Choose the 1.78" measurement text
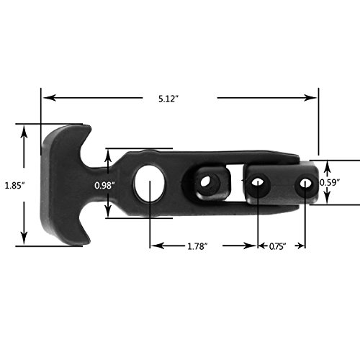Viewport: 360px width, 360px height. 196,246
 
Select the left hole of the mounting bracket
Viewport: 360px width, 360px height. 257,184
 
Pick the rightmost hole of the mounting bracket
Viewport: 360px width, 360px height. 305,184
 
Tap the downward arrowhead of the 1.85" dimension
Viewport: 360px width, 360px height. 26,242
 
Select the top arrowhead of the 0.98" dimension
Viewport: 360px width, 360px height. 107,153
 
